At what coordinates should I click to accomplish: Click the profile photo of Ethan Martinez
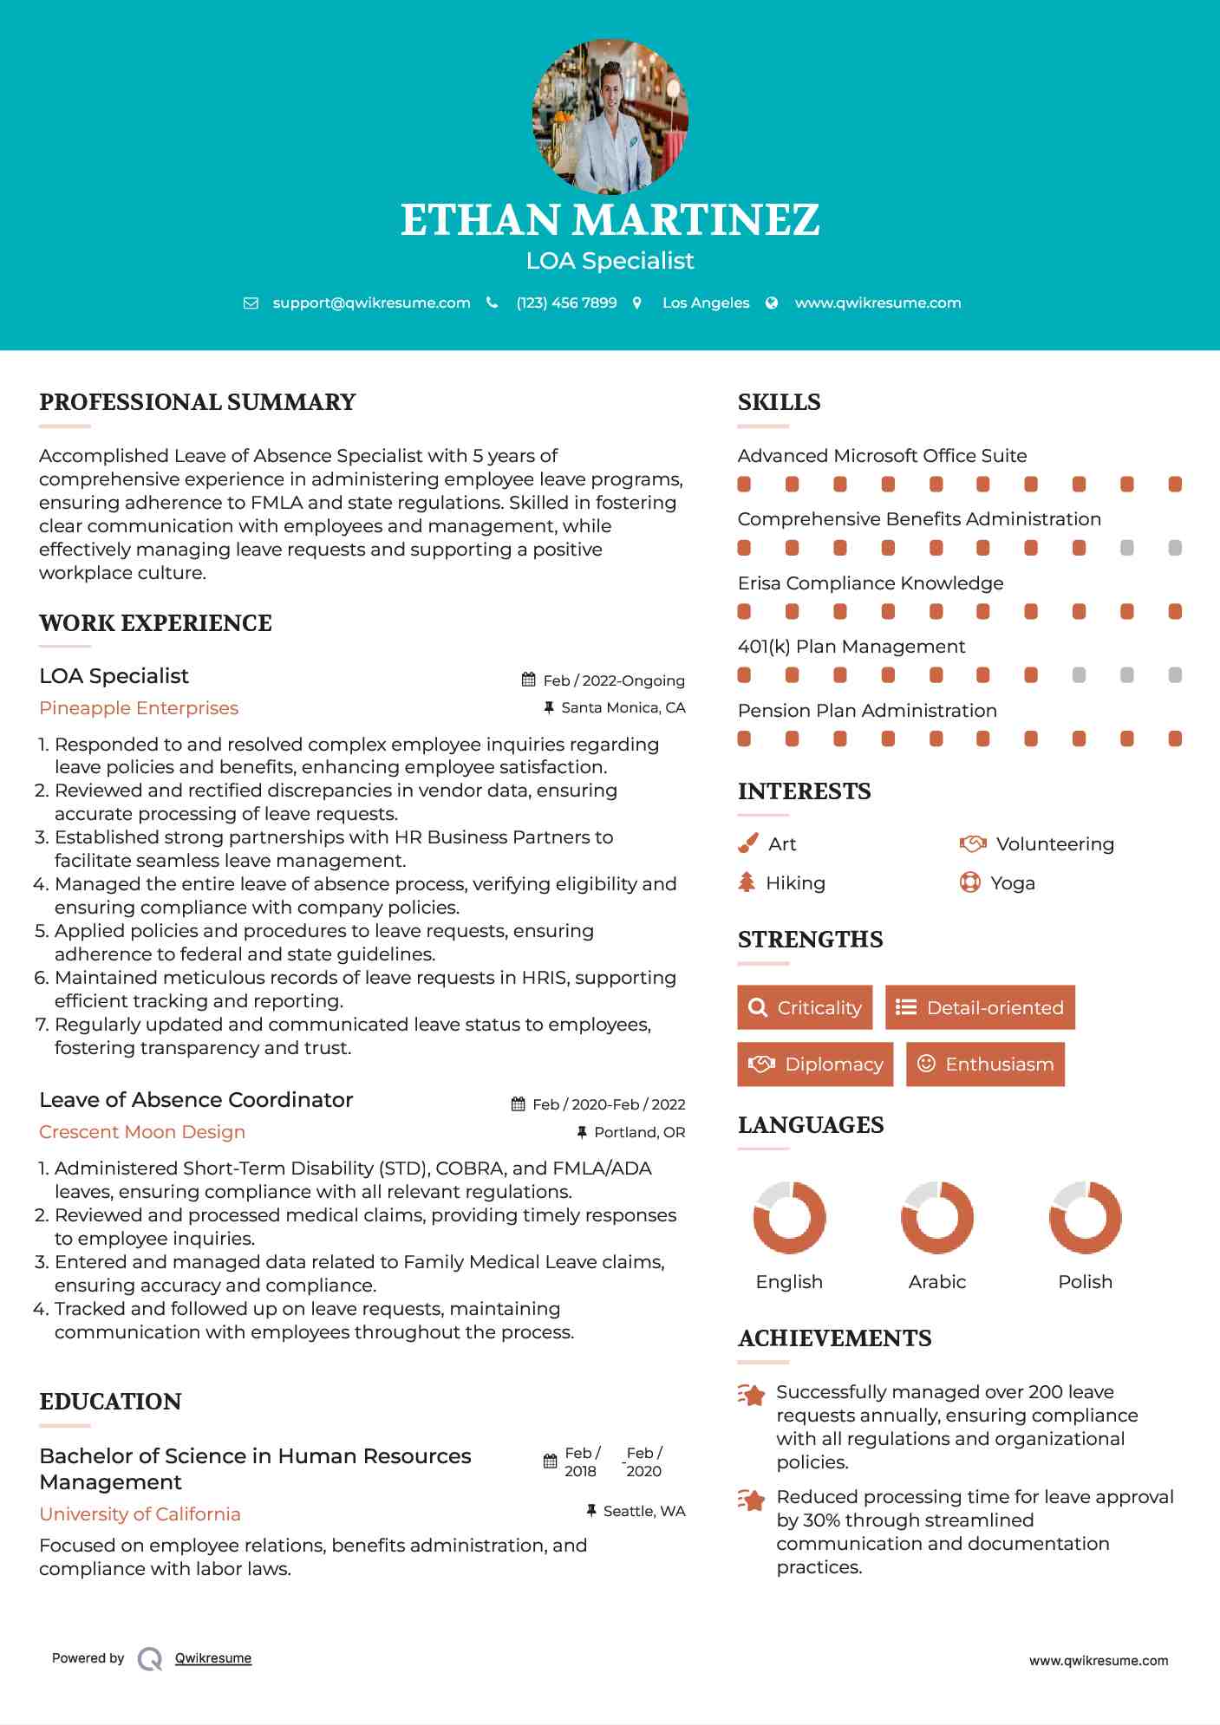tap(610, 116)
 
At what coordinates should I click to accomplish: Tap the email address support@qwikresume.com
tap(371, 303)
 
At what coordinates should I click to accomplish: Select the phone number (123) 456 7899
tap(566, 303)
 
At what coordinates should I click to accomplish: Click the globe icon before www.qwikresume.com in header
tap(772, 303)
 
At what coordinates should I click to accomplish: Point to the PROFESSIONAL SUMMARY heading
tap(198, 402)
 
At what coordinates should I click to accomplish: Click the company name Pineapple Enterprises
tap(139, 708)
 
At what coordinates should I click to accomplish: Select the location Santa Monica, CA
tap(623, 708)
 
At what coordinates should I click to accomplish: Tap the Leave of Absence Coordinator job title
tap(196, 1100)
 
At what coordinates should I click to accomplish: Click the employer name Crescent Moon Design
tap(142, 1132)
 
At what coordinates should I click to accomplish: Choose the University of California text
tap(140, 1514)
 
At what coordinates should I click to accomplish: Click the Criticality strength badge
tap(805, 1007)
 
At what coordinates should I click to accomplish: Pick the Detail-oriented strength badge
tap(980, 1007)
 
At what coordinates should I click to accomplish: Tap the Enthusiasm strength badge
tap(985, 1064)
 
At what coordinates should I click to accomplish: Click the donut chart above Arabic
tap(936, 1217)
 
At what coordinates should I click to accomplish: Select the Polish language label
tap(1085, 1282)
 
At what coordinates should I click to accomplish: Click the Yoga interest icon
tap(970, 882)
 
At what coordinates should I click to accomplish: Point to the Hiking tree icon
tap(747, 882)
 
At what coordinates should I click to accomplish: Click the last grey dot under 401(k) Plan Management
tap(1175, 675)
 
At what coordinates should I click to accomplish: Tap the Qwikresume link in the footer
tap(213, 1658)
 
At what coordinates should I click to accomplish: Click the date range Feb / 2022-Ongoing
tap(613, 681)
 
